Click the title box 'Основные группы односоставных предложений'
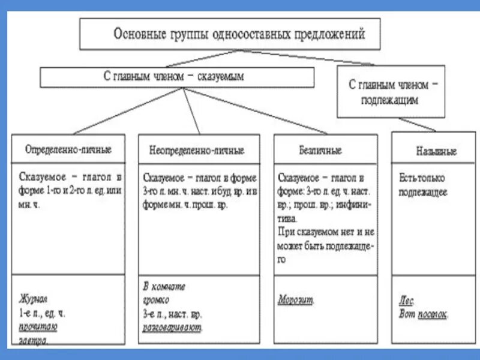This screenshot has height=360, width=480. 230,34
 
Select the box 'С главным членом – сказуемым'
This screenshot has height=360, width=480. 177,77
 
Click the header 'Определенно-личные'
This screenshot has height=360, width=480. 68,149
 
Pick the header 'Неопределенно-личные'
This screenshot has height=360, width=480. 196,150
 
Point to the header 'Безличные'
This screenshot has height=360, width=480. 320,150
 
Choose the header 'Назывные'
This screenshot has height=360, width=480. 436,151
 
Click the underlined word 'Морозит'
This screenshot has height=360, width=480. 296,299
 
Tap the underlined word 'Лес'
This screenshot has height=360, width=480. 406,301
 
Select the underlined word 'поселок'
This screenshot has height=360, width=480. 433,314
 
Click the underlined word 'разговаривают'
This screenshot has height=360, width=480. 173,328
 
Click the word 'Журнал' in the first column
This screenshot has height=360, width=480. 33,299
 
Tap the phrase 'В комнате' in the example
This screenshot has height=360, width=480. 164,287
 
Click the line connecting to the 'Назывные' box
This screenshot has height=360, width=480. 414,124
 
